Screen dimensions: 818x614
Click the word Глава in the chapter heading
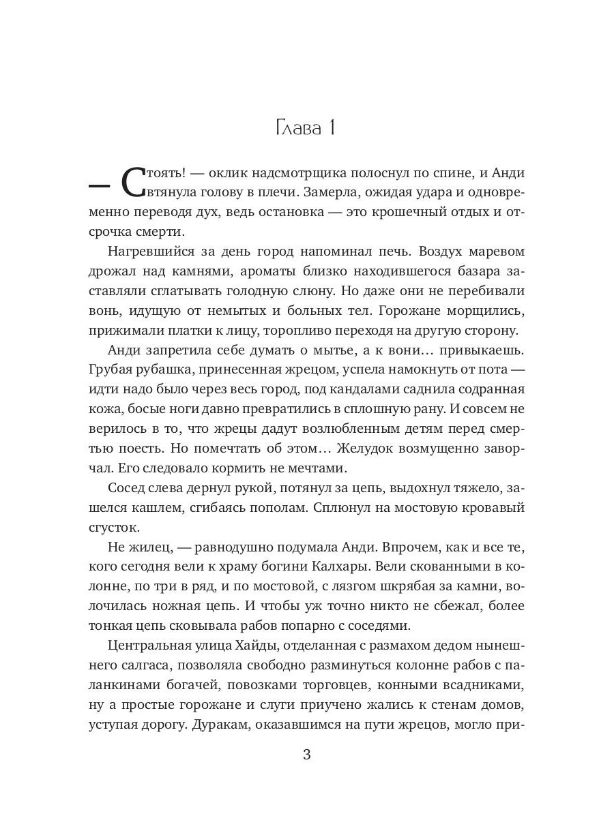point(297,128)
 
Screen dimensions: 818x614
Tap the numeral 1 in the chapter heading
point(333,128)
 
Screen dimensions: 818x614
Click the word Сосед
point(128,489)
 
